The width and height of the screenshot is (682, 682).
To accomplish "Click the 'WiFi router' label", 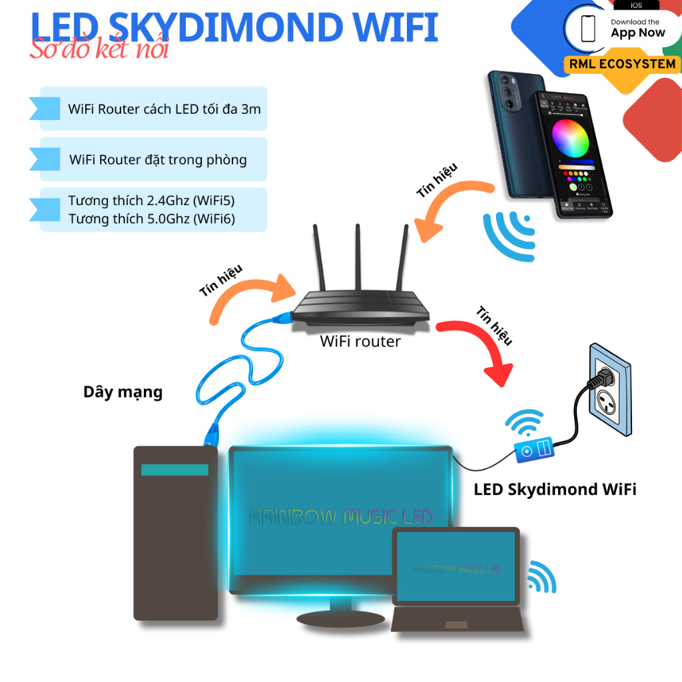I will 360,342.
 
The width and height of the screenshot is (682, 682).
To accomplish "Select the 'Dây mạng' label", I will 123,392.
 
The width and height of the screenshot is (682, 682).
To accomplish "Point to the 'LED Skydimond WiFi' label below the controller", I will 555,490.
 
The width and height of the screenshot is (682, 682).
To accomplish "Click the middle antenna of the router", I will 358,260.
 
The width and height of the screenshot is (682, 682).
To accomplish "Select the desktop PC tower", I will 176,533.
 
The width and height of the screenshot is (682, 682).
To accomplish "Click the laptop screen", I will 456,568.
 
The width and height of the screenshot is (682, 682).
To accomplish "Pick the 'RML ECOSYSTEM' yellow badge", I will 623,65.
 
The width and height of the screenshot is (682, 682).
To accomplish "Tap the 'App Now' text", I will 637,33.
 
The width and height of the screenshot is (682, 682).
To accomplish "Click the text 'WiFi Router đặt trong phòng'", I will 158,160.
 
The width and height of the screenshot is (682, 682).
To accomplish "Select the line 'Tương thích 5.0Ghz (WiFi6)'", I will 152,218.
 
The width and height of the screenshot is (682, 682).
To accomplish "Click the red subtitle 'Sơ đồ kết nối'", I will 99,49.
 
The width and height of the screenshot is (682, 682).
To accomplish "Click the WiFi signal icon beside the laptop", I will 542,577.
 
